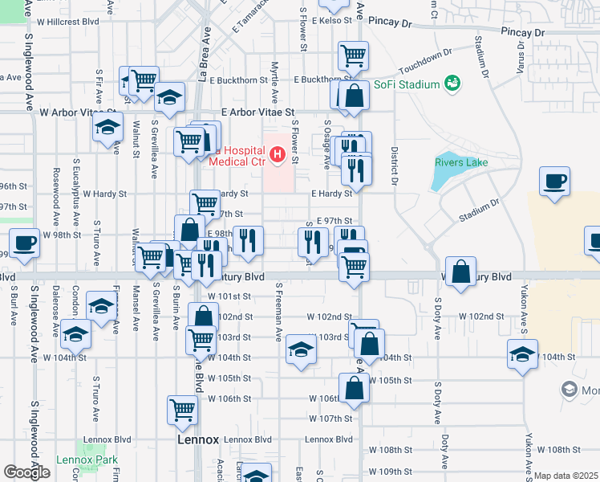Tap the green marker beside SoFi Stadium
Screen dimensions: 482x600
point(452,83)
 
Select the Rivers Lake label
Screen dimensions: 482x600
point(461,162)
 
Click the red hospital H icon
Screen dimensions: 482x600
point(278,154)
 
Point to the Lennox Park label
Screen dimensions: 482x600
point(87,461)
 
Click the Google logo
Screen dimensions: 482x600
point(26,472)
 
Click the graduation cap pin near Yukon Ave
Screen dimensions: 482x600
point(522,353)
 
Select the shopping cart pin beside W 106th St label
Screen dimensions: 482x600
point(183,409)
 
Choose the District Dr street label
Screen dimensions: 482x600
point(395,164)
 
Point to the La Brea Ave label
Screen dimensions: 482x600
point(205,60)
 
